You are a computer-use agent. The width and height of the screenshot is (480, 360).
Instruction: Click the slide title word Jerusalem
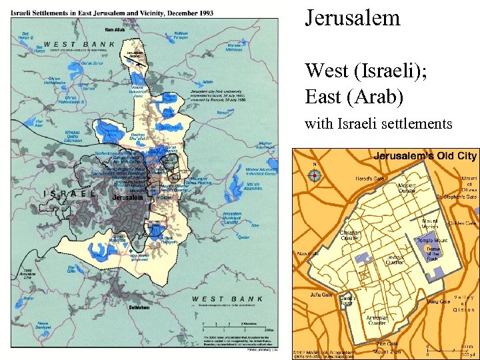(352, 17)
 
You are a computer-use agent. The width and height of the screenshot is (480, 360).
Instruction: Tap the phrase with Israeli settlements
(379, 123)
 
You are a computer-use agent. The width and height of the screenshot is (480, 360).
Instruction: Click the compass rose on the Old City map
(315, 175)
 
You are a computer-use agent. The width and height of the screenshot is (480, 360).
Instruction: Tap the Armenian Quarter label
(377, 321)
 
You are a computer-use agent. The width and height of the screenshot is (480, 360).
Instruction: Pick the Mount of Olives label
(469, 182)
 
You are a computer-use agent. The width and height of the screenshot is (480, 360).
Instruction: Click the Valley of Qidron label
(464, 303)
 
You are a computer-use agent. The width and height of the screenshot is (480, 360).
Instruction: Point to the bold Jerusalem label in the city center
(128, 198)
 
